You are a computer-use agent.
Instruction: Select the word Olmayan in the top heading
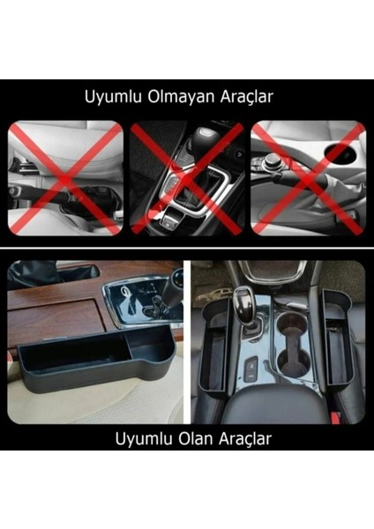pos(180,98)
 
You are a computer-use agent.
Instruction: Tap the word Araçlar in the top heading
pos(250,98)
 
